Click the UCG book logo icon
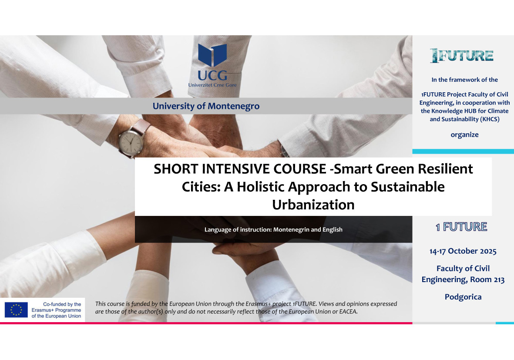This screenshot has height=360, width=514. (212, 55)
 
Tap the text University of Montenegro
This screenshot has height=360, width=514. (206, 106)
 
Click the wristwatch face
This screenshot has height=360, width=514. (131, 141)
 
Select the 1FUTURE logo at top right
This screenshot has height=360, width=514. (462, 56)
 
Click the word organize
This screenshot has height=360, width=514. (464, 135)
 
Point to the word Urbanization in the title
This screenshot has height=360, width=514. (313, 205)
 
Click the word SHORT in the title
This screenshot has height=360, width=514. (176, 169)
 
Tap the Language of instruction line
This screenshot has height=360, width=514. (273, 229)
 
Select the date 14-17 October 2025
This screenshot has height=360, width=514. (463, 251)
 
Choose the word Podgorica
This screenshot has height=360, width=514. (463, 297)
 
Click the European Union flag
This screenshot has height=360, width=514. (16, 310)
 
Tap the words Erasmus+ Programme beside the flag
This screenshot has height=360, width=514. (56, 310)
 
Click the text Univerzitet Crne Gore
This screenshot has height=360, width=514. (212, 85)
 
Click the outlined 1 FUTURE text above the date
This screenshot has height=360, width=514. (461, 227)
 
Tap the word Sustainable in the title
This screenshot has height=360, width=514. (407, 187)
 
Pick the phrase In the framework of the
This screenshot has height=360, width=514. (464, 80)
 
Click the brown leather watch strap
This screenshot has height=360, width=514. (141, 127)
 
